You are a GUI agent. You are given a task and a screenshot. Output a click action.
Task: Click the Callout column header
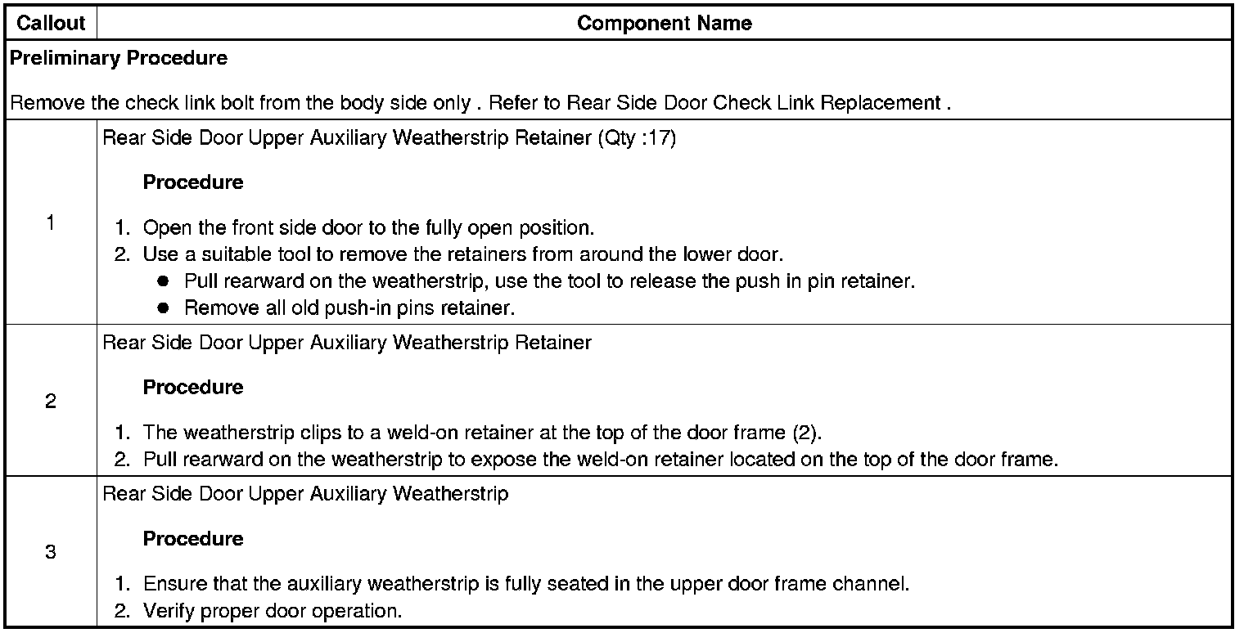(x=51, y=23)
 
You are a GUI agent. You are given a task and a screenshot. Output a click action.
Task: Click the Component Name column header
(x=664, y=23)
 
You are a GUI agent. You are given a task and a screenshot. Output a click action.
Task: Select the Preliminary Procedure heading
(x=119, y=58)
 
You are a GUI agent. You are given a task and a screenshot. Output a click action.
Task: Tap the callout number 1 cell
(x=51, y=222)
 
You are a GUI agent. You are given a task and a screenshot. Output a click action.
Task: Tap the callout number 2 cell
(x=51, y=401)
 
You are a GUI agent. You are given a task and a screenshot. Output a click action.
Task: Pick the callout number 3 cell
(x=51, y=552)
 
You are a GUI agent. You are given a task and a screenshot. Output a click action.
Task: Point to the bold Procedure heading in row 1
(x=193, y=182)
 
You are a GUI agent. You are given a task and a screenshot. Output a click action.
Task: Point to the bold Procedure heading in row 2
(x=193, y=387)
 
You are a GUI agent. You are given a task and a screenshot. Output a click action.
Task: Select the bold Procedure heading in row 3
(x=193, y=539)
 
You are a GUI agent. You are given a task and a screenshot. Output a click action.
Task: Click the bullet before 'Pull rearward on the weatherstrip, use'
(x=163, y=282)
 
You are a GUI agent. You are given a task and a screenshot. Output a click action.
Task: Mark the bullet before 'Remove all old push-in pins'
(x=163, y=308)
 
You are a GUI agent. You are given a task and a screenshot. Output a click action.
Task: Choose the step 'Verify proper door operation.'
(x=273, y=611)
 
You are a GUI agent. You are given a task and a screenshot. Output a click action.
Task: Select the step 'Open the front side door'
(x=368, y=227)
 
